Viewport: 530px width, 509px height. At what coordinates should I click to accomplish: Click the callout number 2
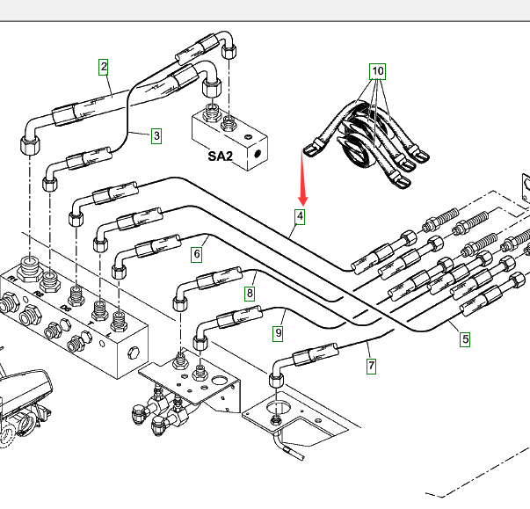[104, 66]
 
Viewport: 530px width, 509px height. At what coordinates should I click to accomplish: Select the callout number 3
[156, 135]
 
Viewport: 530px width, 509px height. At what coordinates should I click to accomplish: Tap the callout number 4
[301, 216]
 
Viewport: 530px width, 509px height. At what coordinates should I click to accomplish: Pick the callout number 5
[465, 338]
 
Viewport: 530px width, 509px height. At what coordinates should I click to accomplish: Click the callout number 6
[197, 254]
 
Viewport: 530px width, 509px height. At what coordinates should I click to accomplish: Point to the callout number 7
[372, 365]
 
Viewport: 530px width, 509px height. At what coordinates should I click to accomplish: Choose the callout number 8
[250, 294]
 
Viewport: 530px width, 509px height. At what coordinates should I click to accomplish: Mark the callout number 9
[278, 333]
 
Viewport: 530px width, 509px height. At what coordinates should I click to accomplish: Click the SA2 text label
[220, 156]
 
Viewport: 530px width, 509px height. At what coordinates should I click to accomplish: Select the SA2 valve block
[230, 136]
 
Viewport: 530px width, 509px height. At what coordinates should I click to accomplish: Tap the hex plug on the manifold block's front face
[134, 353]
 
